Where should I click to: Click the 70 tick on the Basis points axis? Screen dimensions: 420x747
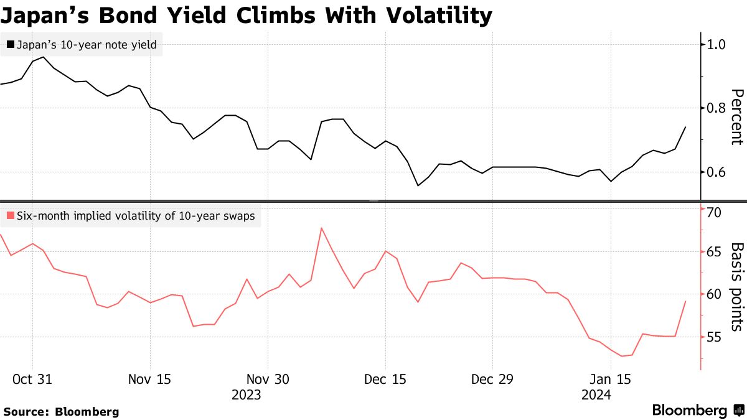(713, 213)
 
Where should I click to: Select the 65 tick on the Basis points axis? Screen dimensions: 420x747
(713, 252)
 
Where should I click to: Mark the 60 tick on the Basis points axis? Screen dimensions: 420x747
(713, 294)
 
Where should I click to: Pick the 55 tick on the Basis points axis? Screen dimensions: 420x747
(713, 337)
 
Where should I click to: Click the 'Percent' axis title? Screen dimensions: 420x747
(736, 116)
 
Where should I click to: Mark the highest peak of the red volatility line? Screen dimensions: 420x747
(321, 228)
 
